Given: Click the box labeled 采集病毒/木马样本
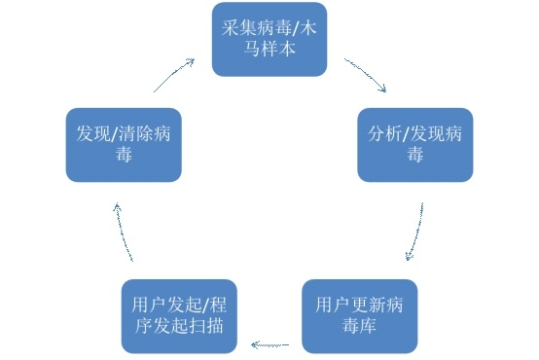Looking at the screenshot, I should point(269,39).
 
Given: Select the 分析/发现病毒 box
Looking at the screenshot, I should point(415,144).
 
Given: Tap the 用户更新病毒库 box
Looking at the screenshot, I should point(359,316).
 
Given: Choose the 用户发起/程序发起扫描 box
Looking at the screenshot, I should point(179,316).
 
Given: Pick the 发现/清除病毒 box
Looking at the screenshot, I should point(124,144).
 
